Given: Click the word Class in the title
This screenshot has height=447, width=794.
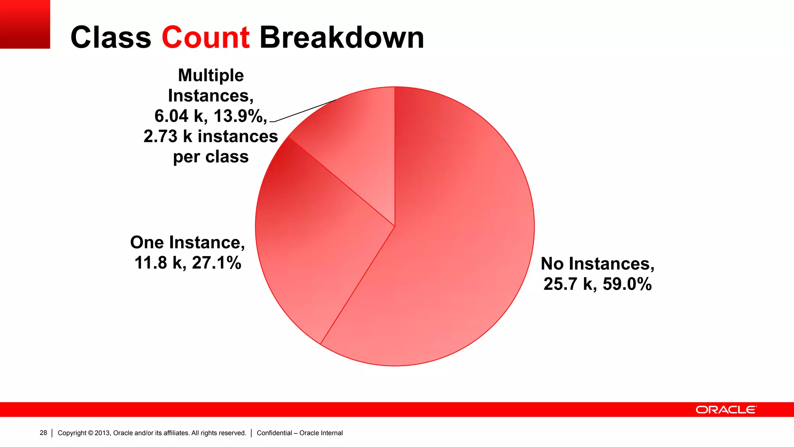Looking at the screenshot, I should [110, 38].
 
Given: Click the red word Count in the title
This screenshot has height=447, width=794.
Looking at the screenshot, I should [205, 38].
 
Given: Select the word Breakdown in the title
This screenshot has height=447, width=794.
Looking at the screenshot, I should [342, 38].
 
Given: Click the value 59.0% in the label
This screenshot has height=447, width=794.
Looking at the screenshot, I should [627, 284].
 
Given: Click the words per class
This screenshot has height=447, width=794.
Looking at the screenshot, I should [211, 157].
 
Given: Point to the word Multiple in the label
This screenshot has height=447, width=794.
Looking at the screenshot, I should [211, 75].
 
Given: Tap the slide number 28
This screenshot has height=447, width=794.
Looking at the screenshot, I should [43, 433].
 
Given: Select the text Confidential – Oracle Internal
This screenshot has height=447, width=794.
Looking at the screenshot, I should [300, 433].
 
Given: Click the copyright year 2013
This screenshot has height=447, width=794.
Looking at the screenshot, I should [102, 433].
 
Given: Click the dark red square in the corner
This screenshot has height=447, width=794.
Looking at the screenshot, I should [25, 24].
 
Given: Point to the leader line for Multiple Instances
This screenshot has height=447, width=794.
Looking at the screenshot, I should [304, 111].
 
